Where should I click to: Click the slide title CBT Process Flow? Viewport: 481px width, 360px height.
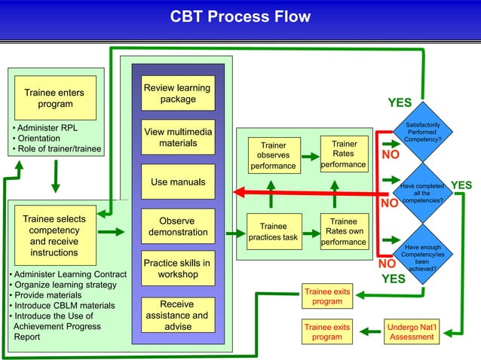pyautogui.click(x=240, y=17)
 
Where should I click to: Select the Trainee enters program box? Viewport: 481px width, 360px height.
pyautogui.click(x=55, y=98)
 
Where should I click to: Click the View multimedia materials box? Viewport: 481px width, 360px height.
pyautogui.click(x=178, y=138)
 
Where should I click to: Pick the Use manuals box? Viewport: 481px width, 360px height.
pyautogui.click(x=178, y=182)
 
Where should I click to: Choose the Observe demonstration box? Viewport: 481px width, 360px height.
pyautogui.click(x=178, y=227)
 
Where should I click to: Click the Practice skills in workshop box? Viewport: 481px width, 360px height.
pyautogui.click(x=178, y=269)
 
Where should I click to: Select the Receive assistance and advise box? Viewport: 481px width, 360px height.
pyautogui.click(x=178, y=316)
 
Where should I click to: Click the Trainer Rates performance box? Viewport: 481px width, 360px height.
pyautogui.click(x=344, y=153)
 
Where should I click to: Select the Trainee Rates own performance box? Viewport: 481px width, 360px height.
pyautogui.click(x=344, y=231)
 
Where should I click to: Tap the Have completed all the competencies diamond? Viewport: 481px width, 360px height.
pyautogui.click(x=424, y=192)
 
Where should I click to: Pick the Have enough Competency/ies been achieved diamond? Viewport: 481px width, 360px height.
pyautogui.click(x=424, y=255)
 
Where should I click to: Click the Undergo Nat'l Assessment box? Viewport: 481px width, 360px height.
pyautogui.click(x=411, y=332)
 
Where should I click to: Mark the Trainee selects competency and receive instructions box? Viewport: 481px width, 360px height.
pyautogui.click(x=54, y=236)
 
